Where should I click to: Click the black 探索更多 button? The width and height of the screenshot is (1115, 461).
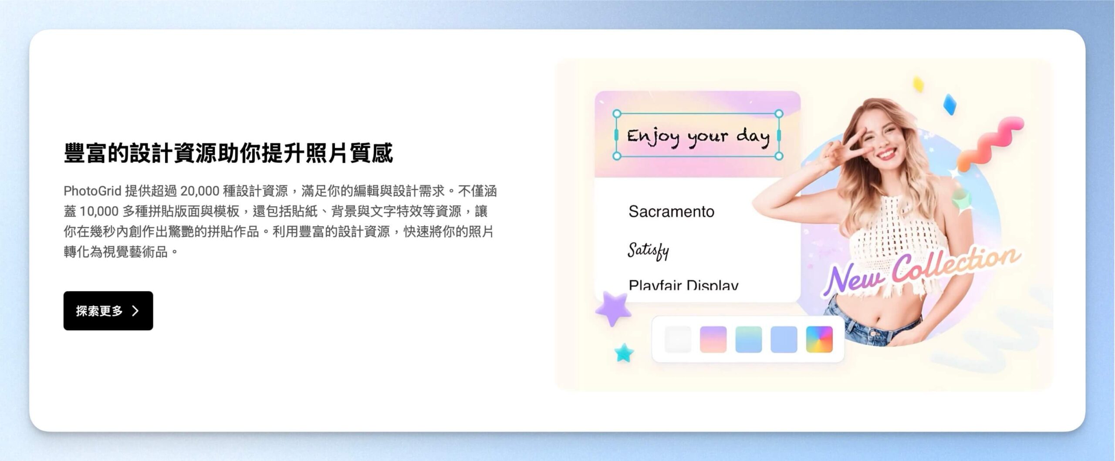[x=108, y=310]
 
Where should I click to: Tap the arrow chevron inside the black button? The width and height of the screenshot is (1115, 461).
[x=135, y=310]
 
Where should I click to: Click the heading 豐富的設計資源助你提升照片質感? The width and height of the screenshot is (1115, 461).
[x=228, y=153]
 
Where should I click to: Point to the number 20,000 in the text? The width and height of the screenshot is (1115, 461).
[x=199, y=191]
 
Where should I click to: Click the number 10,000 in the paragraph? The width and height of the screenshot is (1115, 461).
[x=99, y=212]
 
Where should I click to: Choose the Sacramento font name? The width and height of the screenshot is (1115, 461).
[x=671, y=212]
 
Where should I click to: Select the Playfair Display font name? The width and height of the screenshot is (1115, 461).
[x=683, y=285]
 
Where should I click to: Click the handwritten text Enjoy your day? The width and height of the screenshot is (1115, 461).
[x=698, y=137]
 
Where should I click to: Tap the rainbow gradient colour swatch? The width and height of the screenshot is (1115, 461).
[x=819, y=339]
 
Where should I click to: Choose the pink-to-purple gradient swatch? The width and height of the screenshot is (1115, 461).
[x=713, y=339]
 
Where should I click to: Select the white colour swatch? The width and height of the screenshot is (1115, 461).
[x=678, y=339]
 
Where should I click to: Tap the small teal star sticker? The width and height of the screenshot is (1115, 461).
[x=624, y=353]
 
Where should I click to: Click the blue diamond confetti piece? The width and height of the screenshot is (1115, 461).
[x=949, y=104]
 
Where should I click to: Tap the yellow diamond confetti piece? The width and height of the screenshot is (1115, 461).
[x=919, y=84]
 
